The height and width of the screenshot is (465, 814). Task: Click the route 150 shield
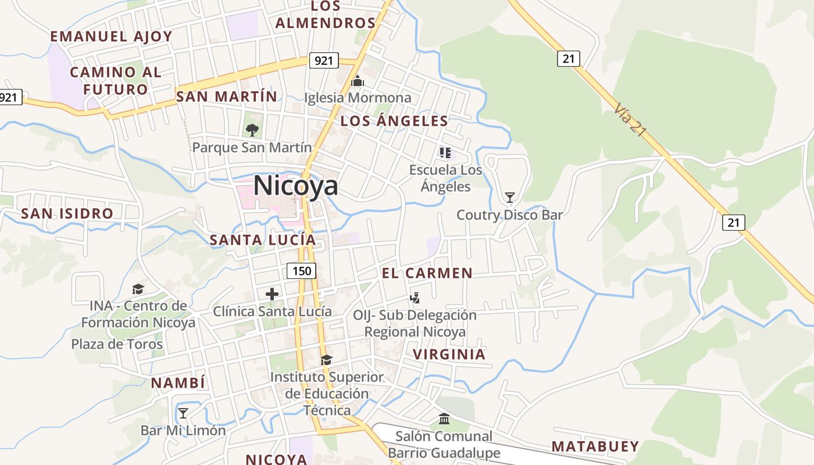tap(301, 270)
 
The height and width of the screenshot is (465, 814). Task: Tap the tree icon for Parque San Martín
tap(252, 130)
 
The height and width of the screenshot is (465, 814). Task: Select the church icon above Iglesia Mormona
tap(358, 81)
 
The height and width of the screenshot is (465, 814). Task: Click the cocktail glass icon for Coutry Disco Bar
tap(510, 198)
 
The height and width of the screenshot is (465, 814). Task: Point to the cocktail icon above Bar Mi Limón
tap(183, 413)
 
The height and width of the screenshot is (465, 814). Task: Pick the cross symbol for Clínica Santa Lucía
tap(272, 294)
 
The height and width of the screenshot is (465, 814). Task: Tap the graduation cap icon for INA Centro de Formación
tap(138, 288)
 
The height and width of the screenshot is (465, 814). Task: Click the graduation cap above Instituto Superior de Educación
tap(326, 360)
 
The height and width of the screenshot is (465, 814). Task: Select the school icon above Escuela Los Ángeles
tap(445, 153)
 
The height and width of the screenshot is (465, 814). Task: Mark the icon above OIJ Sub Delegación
tap(415, 298)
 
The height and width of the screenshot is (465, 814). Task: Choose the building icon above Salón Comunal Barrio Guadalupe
tap(444, 419)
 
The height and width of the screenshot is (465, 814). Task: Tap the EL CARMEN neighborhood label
tap(427, 273)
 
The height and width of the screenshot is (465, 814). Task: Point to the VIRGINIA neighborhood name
tap(449, 354)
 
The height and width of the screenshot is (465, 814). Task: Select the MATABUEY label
tap(595, 446)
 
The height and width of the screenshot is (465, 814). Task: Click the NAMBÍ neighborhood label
tap(178, 383)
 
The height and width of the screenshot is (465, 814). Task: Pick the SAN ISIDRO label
tap(67, 213)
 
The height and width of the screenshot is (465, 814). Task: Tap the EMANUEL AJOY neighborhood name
tap(112, 36)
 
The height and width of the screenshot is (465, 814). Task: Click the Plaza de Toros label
tap(117, 344)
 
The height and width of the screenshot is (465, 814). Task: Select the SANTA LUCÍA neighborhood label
tap(263, 239)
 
